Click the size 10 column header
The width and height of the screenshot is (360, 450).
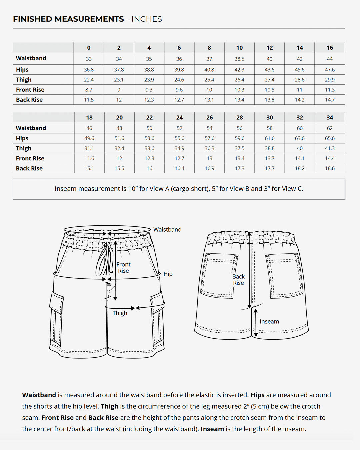click(239, 48)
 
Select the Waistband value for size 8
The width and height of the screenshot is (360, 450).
click(209, 59)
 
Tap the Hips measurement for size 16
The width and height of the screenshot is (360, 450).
click(330, 70)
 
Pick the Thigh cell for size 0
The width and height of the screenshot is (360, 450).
click(89, 80)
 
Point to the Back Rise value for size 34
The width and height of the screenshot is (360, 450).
click(330, 168)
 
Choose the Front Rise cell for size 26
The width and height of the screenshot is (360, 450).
click(209, 158)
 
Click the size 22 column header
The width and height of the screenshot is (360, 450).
click(149, 118)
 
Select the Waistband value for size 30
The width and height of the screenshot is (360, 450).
click(269, 128)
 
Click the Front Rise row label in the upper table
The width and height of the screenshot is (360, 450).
click(30, 90)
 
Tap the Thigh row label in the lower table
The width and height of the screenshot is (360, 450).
click(24, 148)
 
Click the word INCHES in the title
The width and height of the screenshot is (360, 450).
click(147, 19)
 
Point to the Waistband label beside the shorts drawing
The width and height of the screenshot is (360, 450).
click(167, 230)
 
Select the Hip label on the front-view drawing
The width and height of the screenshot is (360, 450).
click(168, 274)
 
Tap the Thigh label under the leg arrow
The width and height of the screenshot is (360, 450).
click(120, 313)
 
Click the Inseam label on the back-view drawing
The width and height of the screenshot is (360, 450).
click(269, 322)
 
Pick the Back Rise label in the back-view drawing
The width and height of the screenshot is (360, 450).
click(238, 280)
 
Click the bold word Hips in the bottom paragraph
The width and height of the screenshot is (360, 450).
click(257, 395)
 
